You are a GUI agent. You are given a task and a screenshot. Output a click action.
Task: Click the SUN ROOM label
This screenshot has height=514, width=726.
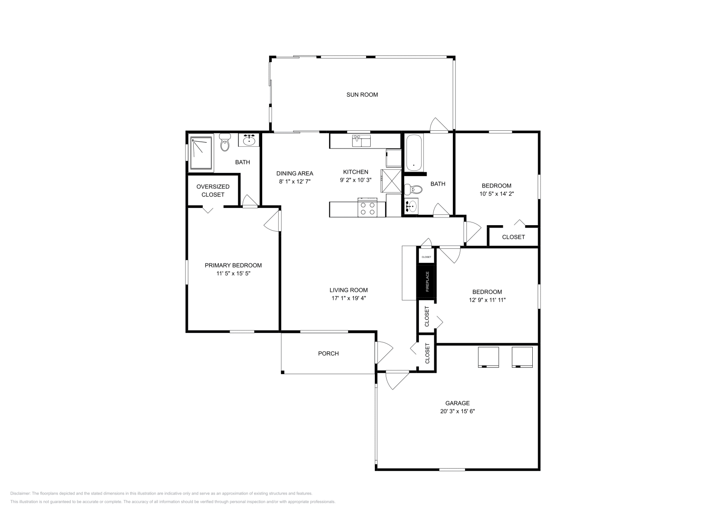(362, 95)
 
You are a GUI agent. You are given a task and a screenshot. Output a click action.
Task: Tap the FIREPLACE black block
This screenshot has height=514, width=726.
(427, 282)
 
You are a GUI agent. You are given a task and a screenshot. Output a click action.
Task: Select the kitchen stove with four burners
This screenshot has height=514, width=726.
(368, 207)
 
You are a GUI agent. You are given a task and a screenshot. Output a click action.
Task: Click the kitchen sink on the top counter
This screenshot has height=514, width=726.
(361, 141)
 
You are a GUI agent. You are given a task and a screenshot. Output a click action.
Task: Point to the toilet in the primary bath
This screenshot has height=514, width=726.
(225, 142)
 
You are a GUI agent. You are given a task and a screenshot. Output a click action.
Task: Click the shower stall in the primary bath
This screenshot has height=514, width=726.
(201, 153)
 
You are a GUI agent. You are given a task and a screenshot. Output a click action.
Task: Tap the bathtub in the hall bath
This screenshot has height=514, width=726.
(414, 153)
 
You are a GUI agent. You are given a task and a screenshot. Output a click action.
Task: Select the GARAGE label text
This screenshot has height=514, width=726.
(457, 403)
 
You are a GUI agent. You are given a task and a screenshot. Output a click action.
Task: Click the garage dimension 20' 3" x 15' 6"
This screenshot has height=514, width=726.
(457, 411)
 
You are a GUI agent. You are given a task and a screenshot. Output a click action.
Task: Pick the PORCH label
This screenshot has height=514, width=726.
(329, 353)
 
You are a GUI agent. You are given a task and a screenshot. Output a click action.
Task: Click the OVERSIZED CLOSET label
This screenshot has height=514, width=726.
(213, 191)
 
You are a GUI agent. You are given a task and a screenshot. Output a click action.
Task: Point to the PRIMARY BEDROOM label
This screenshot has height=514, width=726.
(233, 265)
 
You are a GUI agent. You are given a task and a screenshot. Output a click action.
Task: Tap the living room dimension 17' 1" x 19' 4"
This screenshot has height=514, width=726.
(349, 298)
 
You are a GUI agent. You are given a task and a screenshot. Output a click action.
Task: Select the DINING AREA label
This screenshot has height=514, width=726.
(294, 173)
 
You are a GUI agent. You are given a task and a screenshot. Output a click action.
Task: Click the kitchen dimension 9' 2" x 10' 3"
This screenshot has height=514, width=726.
(356, 180)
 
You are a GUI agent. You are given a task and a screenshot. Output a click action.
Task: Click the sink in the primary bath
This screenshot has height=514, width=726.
(249, 140)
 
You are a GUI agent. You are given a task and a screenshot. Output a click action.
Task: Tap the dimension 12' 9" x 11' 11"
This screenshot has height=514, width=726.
(487, 300)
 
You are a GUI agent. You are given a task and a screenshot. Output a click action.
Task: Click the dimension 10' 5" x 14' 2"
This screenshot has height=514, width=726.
(496, 194)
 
